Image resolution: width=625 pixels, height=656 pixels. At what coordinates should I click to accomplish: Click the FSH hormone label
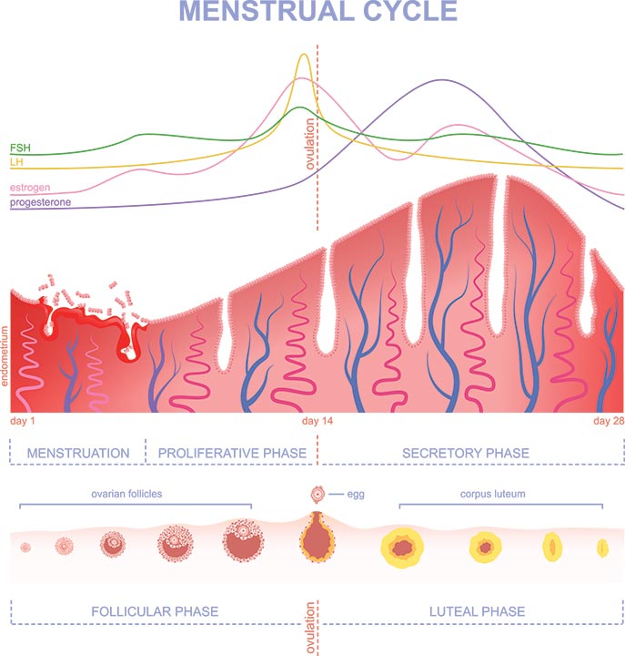click(x=20, y=148)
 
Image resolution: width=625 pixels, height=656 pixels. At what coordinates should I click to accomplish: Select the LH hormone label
click(x=16, y=162)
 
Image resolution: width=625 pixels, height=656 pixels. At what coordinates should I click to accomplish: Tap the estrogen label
click(x=30, y=188)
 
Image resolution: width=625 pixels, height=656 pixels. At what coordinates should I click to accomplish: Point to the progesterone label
click(x=41, y=202)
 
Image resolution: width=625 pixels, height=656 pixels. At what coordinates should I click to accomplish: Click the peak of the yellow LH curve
click(x=304, y=55)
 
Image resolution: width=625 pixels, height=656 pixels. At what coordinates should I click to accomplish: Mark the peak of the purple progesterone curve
click(x=443, y=80)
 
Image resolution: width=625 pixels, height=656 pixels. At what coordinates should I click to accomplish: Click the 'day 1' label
click(x=23, y=421)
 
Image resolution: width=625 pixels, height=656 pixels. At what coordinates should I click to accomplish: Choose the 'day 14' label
click(x=318, y=421)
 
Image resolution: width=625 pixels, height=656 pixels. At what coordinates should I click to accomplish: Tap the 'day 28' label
click(x=609, y=421)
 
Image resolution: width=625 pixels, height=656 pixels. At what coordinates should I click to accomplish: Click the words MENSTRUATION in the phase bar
click(x=78, y=453)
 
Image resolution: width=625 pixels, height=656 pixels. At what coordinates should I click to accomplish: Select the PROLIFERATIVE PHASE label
click(x=232, y=453)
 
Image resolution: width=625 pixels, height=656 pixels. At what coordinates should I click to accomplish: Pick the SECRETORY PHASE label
click(x=466, y=453)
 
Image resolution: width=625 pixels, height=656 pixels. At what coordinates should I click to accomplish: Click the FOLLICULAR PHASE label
click(x=155, y=611)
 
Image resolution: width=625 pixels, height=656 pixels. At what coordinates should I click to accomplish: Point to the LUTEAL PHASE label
click(x=477, y=611)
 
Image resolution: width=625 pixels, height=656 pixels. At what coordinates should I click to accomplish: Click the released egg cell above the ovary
click(x=318, y=495)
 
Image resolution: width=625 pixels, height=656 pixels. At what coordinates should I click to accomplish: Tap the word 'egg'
click(x=356, y=495)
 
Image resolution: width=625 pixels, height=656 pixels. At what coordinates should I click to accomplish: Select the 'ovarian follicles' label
click(x=126, y=494)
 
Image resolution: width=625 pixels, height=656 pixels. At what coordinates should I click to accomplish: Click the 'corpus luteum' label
click(x=492, y=494)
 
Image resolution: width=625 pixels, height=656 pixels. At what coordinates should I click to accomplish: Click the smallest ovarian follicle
click(x=25, y=548)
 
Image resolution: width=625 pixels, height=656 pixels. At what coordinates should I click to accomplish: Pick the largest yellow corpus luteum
click(x=402, y=548)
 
